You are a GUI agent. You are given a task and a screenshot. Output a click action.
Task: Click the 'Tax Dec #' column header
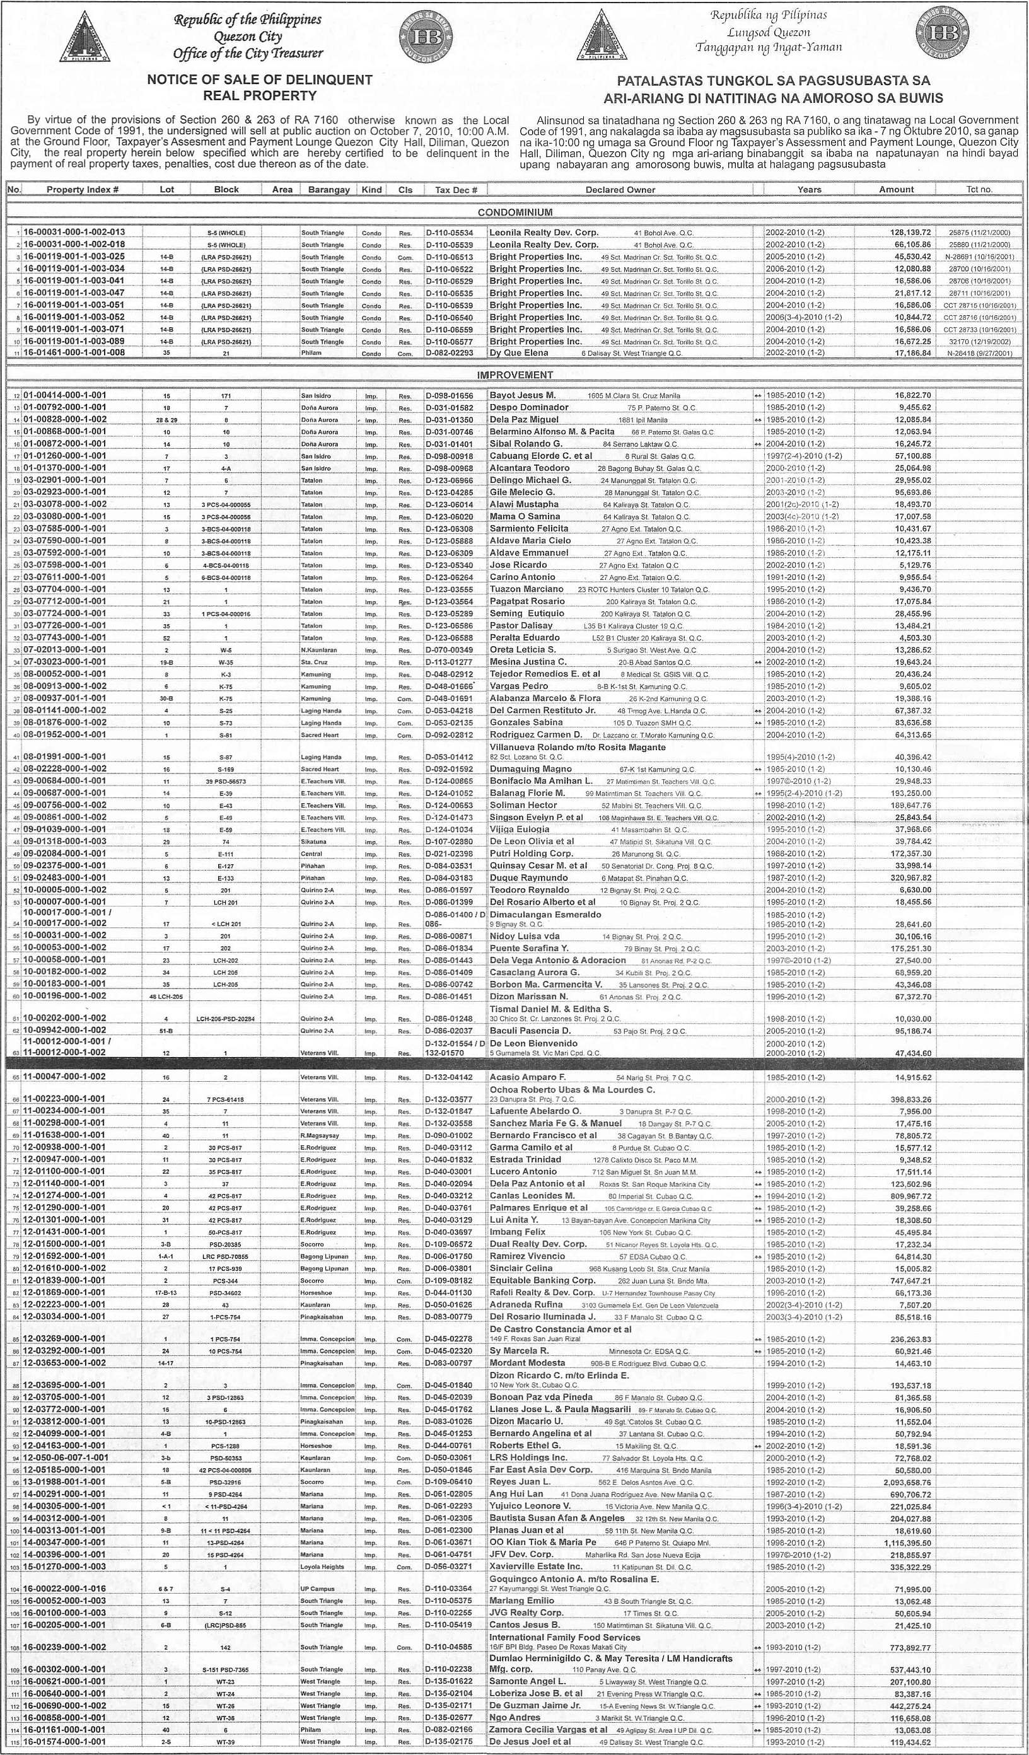456,189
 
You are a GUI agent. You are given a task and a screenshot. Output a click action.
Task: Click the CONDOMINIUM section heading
515,212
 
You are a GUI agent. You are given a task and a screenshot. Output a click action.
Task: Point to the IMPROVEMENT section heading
515,375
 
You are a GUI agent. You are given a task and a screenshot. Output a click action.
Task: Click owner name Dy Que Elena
518,353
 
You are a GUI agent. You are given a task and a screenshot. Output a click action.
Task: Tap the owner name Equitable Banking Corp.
542,1280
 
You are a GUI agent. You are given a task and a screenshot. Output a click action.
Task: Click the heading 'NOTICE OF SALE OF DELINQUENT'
259,79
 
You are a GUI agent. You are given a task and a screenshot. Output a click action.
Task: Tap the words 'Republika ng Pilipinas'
758,15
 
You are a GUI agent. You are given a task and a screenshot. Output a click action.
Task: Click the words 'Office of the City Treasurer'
248,54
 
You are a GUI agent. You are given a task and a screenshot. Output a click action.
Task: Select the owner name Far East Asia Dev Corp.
540,1469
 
